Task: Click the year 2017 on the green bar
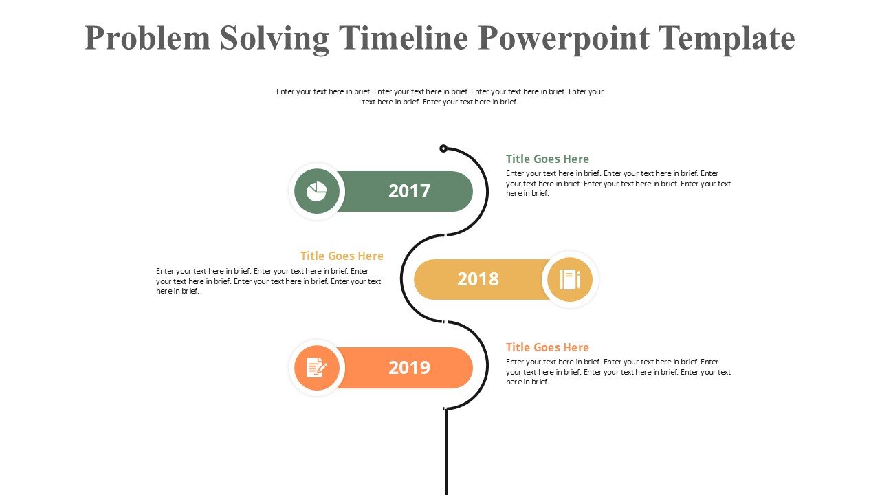coord(409,191)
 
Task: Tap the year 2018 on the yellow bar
coord(478,279)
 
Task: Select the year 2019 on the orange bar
coord(409,368)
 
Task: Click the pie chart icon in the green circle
coord(316,192)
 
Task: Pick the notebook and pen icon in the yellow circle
coord(570,279)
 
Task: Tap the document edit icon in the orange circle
coord(316,368)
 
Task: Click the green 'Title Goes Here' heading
coord(547,159)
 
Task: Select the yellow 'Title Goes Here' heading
coord(342,256)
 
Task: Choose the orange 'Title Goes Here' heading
coord(547,347)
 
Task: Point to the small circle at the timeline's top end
coord(443,148)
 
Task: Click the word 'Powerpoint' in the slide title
coord(564,38)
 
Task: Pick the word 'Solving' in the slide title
coord(274,38)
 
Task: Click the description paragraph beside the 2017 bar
coord(618,184)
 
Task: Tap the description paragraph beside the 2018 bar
coord(269,281)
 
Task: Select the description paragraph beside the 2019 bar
coord(618,372)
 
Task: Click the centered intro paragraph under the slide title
coord(440,96)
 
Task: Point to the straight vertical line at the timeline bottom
coord(446,454)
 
